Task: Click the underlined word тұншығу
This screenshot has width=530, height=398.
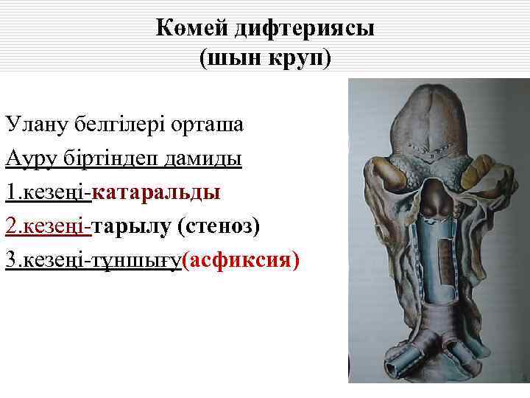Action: [135, 261]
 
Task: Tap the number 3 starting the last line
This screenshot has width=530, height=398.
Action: [10, 261]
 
